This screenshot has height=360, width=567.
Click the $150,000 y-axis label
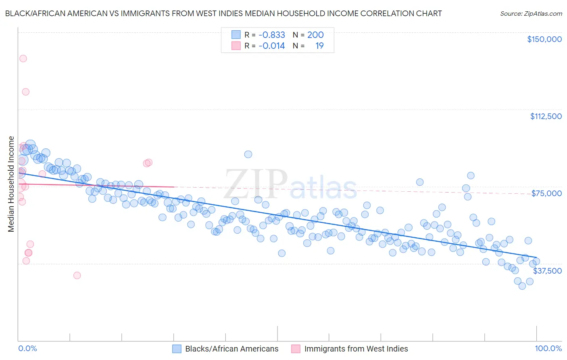[544, 39]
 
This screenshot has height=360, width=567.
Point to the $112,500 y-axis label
[546, 116]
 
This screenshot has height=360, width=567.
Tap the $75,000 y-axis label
[546, 193]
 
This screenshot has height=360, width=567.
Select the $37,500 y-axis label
[547, 271]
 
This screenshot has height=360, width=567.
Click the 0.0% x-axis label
[27, 349]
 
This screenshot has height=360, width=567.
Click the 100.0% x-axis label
[548, 349]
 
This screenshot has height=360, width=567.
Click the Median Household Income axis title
[11, 184]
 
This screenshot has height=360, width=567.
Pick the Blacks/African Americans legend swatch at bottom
[177, 349]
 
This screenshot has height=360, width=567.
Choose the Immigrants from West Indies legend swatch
[296, 349]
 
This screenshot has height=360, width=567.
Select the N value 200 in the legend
[315, 35]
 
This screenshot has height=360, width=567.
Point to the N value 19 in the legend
[319, 46]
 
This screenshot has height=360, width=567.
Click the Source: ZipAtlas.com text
[531, 14]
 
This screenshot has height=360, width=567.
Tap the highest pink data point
[23, 59]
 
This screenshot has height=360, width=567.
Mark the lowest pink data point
[77, 275]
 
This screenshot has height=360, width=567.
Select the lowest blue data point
[522, 286]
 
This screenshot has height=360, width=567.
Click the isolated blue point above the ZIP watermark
[248, 154]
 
